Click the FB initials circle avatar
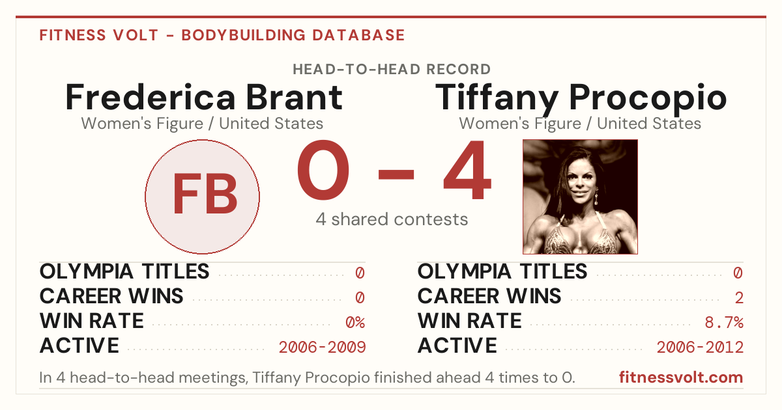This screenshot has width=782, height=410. click(202, 197)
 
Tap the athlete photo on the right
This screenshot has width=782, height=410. click(580, 197)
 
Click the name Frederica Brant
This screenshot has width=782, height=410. click(204, 97)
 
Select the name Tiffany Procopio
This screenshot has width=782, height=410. click(581, 99)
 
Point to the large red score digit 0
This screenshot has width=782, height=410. click(323, 169)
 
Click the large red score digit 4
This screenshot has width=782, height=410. click(467, 169)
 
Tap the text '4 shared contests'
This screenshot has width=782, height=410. click(392, 219)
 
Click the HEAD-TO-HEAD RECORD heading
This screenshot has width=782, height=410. click(392, 69)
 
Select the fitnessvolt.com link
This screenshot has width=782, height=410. click(681, 377)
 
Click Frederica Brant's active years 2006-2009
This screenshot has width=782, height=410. click(322, 347)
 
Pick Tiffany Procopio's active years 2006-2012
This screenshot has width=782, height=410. click(700, 347)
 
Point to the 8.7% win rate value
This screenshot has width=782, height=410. click(724, 322)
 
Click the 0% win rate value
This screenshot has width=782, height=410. click(355, 322)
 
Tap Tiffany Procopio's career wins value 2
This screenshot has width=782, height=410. click(739, 297)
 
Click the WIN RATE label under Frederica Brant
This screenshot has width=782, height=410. click(91, 321)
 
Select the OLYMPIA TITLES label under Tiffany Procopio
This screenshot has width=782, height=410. click(502, 271)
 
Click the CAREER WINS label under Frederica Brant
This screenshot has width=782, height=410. click(111, 296)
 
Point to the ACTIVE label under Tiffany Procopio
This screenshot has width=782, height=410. click(457, 346)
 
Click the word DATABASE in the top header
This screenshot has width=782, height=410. click(358, 35)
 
